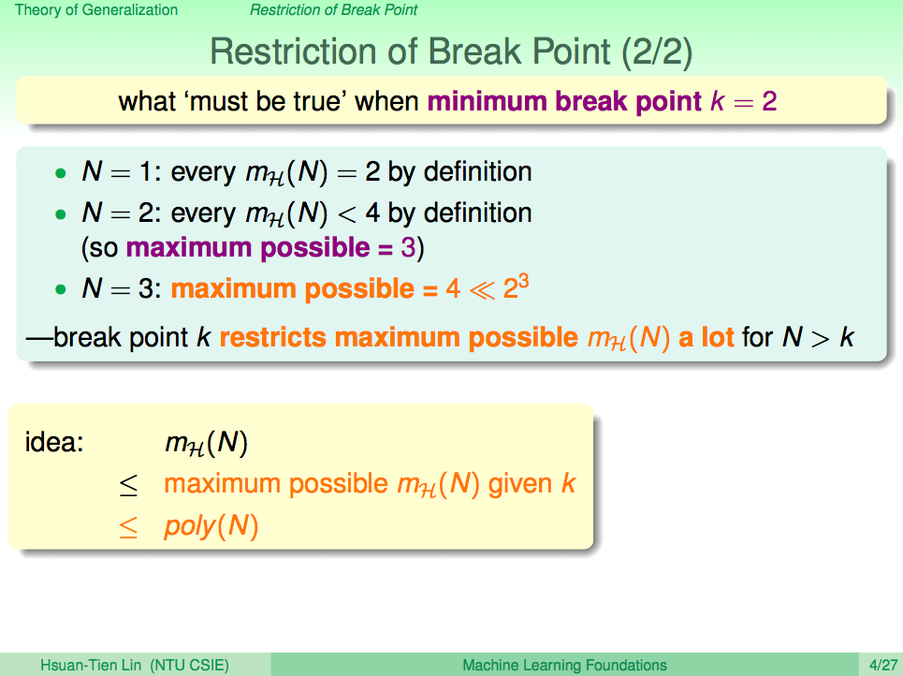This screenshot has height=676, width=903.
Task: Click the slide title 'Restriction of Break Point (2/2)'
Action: pyautogui.click(x=451, y=51)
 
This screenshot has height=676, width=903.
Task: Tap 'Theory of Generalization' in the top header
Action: pyautogui.click(x=96, y=9)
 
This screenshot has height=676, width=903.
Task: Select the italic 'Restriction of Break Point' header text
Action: pyautogui.click(x=333, y=9)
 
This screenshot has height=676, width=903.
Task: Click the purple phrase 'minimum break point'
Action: pyautogui.click(x=564, y=101)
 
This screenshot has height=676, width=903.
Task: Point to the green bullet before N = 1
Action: pyautogui.click(x=61, y=173)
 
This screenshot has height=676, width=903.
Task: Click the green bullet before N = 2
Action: pyautogui.click(x=61, y=214)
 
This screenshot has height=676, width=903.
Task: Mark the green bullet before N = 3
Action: pyautogui.click(x=61, y=289)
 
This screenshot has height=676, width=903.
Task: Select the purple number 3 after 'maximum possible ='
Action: pyautogui.click(x=408, y=248)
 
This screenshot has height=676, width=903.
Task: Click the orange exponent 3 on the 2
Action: pyautogui.click(x=523, y=283)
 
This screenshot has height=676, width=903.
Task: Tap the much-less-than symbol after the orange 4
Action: pyautogui.click(x=482, y=290)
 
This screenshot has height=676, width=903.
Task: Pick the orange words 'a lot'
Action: pyautogui.click(x=706, y=337)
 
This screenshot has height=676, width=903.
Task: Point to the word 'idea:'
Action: pyautogui.click(x=54, y=442)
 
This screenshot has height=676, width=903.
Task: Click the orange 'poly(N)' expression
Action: pyautogui.click(x=211, y=526)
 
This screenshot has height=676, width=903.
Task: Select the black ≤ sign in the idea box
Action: pyautogui.click(x=128, y=485)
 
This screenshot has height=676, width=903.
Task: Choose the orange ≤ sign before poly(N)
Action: pyautogui.click(x=128, y=527)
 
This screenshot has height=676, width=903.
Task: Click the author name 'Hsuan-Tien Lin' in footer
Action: pyautogui.click(x=91, y=665)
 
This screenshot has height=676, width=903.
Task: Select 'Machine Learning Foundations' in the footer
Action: pyautogui.click(x=564, y=665)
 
